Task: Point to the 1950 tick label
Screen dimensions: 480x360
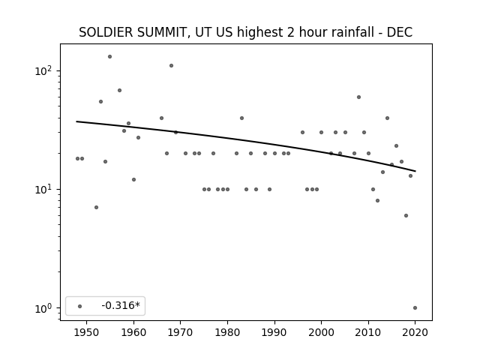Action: pyautogui.click(x=87, y=332)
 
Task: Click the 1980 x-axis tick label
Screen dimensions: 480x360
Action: pyautogui.click(x=227, y=332)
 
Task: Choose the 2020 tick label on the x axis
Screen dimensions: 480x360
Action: pyautogui.click(x=415, y=332)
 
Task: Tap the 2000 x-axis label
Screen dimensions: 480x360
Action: pyautogui.click(x=321, y=332)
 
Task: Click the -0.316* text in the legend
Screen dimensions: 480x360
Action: pyautogui.click(x=121, y=305)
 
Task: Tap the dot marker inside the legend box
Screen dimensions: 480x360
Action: pyautogui.click(x=80, y=306)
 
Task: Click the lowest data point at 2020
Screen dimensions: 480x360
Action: pyautogui.click(x=415, y=308)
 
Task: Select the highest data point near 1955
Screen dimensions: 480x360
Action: pyautogui.click(x=110, y=57)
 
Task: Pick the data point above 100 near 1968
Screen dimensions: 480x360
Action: pyautogui.click(x=172, y=65)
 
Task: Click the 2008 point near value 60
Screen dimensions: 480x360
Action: pyautogui.click(x=358, y=97)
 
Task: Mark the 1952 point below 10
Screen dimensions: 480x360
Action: pyautogui.click(x=96, y=207)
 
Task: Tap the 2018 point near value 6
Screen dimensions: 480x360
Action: pyautogui.click(x=406, y=215)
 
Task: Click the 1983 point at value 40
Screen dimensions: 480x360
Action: pyautogui.click(x=241, y=118)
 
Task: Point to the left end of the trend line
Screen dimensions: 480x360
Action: pyautogui.click(x=76, y=121)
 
